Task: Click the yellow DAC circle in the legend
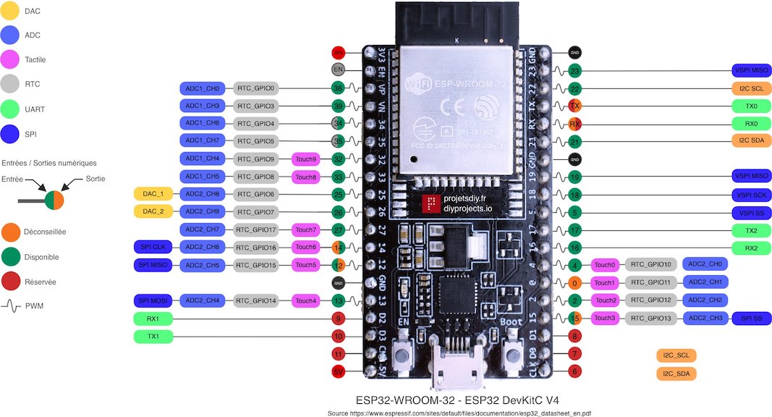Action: pos(12,12)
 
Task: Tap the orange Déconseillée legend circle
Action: pos(12,233)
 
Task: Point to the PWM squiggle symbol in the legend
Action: pos(12,306)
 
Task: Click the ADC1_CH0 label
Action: pos(203,88)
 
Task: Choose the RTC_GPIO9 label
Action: pos(255,159)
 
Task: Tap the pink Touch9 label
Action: pos(305,159)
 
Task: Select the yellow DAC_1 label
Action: pos(153,194)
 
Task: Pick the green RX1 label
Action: pos(153,318)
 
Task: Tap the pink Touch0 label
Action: pos(605,265)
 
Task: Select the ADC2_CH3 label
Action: pos(705,318)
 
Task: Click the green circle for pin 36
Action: pos(337,88)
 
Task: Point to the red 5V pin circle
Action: pos(337,371)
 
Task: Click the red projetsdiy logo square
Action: pos(432,203)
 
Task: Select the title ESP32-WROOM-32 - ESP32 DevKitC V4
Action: pos(457,400)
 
